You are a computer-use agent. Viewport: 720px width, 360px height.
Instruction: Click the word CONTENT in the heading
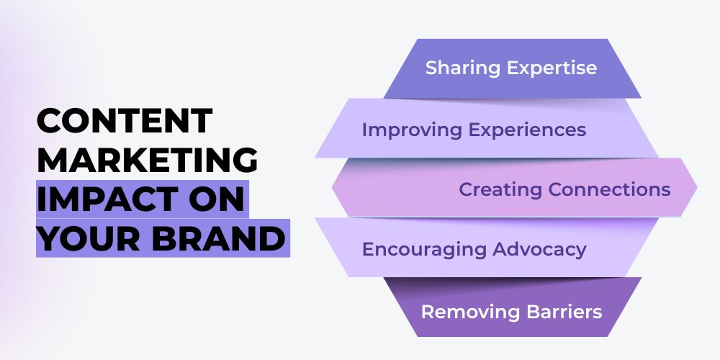tap(125, 120)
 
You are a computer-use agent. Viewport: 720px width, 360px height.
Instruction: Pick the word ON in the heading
tap(222, 199)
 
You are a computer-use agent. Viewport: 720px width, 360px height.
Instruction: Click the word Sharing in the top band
tap(462, 68)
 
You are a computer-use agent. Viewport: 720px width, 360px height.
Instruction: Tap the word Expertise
tap(552, 68)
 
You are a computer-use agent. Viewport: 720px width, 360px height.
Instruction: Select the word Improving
tap(411, 130)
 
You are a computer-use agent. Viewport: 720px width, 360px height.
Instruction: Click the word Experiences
tap(527, 130)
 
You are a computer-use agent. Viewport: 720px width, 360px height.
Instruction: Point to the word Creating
tap(500, 189)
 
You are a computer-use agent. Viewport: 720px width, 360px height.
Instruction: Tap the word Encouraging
tap(424, 250)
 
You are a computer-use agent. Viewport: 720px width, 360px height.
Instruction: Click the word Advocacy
tap(539, 250)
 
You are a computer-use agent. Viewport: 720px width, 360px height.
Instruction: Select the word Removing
tap(470, 312)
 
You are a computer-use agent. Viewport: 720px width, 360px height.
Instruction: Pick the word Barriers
tap(564, 312)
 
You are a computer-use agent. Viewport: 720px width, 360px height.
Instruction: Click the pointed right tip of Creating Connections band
tap(698, 187)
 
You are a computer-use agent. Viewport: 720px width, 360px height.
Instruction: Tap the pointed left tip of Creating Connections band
tap(331, 187)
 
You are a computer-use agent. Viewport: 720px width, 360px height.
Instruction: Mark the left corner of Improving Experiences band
tap(315, 158)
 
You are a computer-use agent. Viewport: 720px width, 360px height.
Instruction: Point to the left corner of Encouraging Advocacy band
tap(315, 217)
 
